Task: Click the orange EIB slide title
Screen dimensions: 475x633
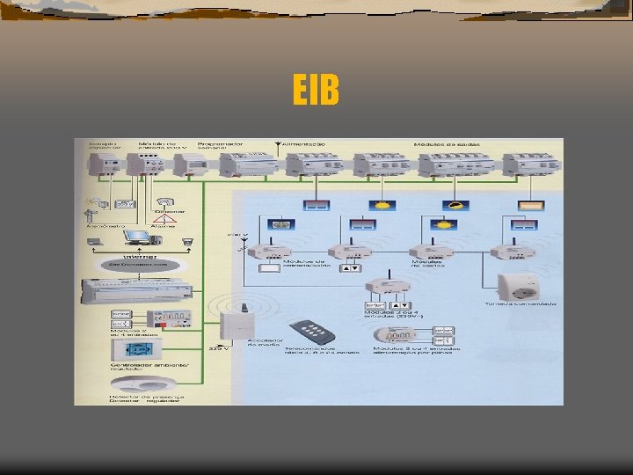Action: click(316, 91)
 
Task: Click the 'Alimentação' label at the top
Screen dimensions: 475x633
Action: click(303, 142)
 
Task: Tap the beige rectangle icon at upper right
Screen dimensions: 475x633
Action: click(531, 204)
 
